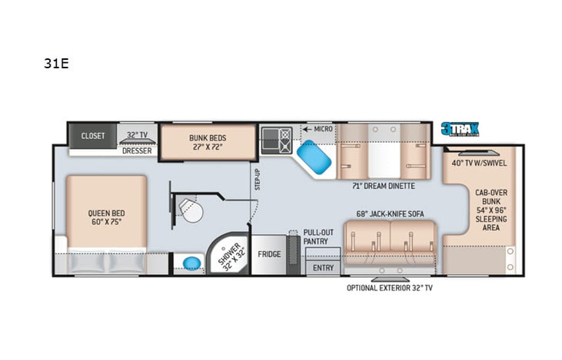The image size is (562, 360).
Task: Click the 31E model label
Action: [56, 64]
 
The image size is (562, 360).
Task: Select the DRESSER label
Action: [137, 150]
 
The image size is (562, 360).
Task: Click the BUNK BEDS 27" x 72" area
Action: [208, 142]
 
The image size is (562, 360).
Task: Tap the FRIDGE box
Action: [268, 254]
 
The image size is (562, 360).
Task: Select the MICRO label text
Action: [323, 128]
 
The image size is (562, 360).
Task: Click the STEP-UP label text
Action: [258, 180]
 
